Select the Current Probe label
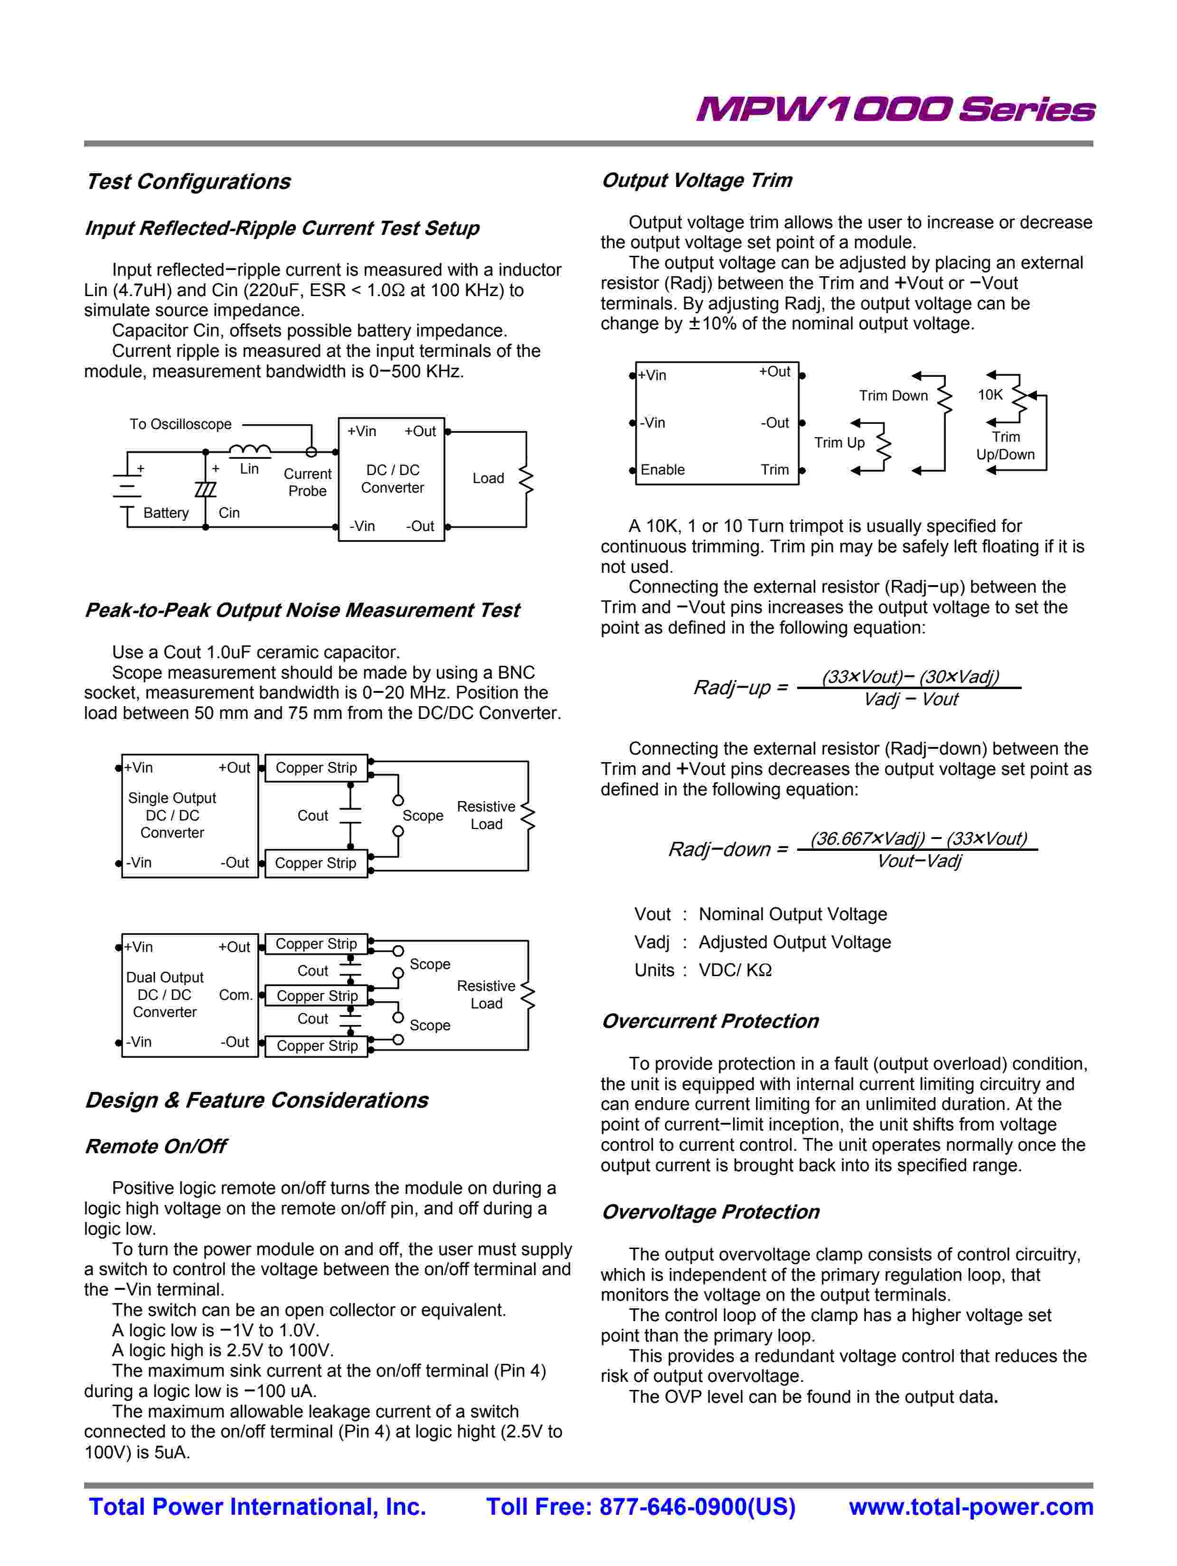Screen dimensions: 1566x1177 tap(307, 482)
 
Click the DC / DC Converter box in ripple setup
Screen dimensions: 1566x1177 tap(392, 479)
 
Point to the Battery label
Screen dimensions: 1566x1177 tap(166, 513)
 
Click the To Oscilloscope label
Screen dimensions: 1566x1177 tap(180, 424)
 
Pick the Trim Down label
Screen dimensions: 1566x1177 tap(893, 396)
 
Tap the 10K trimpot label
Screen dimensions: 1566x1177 tap(989, 395)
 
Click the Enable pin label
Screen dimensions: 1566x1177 tap(662, 470)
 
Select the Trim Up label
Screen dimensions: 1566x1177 tap(839, 442)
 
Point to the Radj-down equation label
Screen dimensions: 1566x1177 tap(728, 849)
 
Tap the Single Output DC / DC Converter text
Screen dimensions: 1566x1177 tap(172, 816)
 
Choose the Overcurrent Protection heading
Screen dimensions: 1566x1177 tap(710, 1021)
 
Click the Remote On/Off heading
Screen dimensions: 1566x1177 tap(155, 1146)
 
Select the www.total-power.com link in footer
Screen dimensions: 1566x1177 tap(971, 1507)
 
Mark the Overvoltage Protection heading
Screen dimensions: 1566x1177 tap(710, 1212)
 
